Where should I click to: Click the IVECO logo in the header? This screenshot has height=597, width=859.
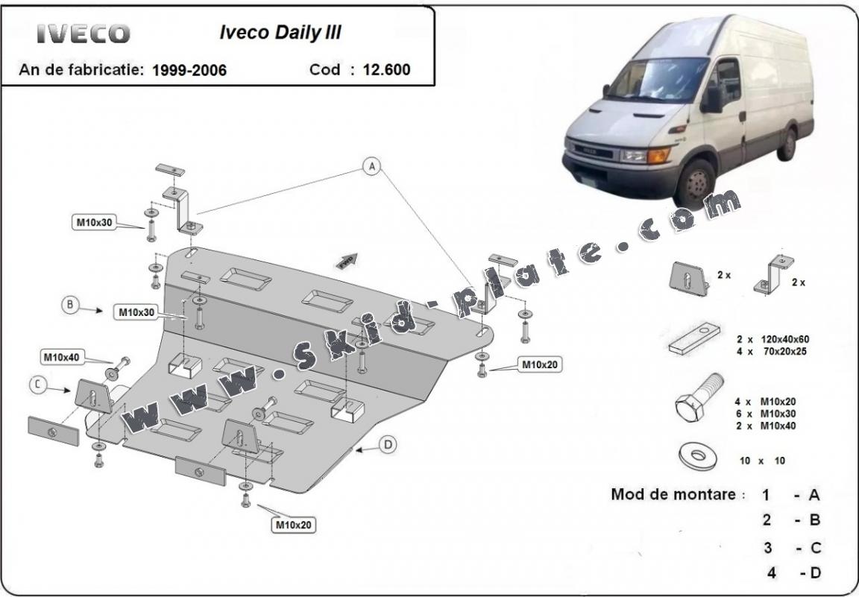point(84,34)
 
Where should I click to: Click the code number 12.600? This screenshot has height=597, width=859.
point(386,70)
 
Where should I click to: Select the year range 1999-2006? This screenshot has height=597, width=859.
point(189,71)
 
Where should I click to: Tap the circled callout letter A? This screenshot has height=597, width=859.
point(371,167)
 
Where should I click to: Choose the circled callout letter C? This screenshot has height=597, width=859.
point(37,385)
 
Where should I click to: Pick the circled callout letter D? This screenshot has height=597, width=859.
point(388,445)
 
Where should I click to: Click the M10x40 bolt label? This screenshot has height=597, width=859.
point(61,358)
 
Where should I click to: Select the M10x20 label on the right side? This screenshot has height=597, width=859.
point(541,364)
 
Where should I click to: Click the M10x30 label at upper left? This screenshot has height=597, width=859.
point(93,221)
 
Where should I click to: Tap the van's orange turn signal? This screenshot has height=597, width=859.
point(658,156)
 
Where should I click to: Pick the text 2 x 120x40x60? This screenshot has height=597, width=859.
point(773,339)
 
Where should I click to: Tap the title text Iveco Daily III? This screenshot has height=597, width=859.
point(280,33)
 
